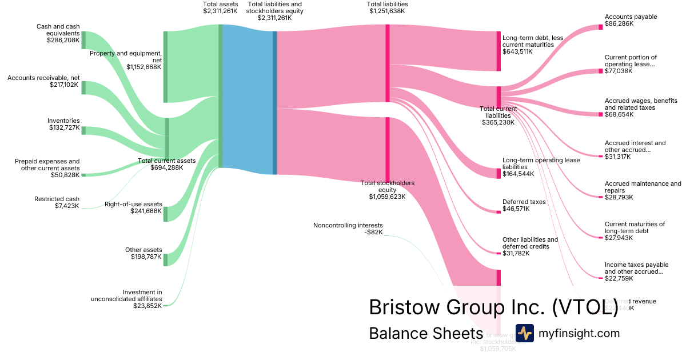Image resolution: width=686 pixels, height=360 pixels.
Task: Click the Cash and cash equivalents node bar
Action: click(x=83, y=40)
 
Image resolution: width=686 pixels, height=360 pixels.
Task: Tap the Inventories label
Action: click(x=63, y=121)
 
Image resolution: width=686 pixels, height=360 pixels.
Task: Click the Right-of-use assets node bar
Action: click(x=166, y=214)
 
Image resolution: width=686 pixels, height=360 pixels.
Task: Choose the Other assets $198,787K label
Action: click(x=143, y=254)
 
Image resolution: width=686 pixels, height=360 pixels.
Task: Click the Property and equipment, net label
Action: click(x=125, y=59)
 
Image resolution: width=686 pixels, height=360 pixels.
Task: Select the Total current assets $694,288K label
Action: click(x=167, y=165)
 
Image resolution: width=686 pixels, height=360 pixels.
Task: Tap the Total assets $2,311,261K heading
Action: click(x=220, y=7)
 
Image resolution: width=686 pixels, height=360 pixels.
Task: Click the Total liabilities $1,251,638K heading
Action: click(x=387, y=7)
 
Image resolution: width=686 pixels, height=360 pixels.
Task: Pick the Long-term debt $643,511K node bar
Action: click(x=498, y=51)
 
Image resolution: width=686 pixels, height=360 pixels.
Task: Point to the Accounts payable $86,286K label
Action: click(x=631, y=21)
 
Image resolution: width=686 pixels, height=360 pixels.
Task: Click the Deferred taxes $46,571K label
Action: click(x=524, y=205)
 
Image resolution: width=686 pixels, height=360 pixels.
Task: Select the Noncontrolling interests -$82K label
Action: click(x=348, y=229)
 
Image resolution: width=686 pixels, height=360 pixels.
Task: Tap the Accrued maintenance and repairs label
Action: click(x=643, y=190)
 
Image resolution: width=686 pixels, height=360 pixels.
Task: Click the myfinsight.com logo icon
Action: click(x=524, y=333)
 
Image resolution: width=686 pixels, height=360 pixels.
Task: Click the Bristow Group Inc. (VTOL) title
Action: click(x=493, y=307)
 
